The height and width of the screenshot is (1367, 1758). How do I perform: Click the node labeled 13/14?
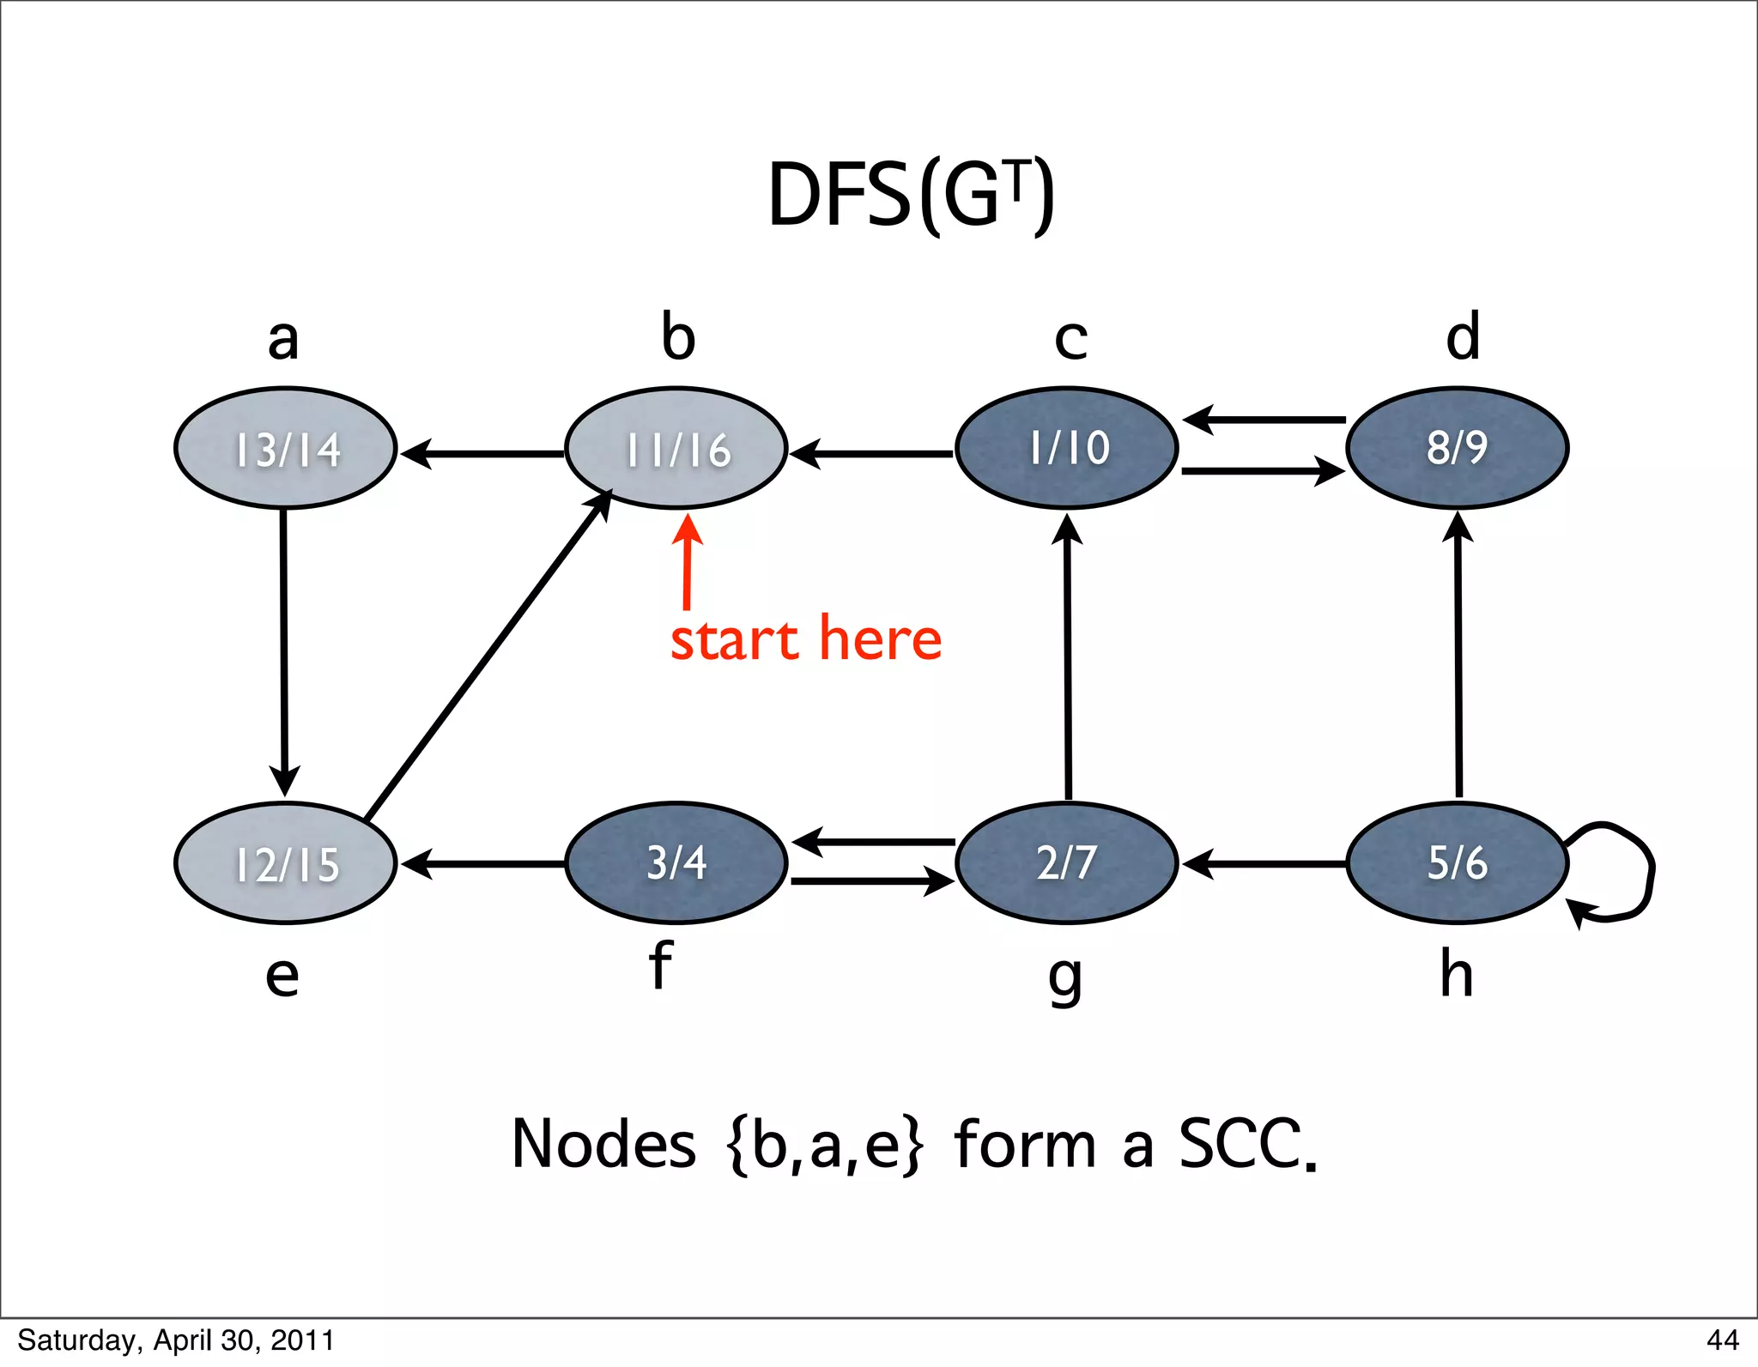coord(286,448)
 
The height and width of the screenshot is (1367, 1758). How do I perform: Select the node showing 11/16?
coord(676,448)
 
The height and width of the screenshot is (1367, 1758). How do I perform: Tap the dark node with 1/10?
coord(1067,448)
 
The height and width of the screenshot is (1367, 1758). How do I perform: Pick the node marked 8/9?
coord(1458,448)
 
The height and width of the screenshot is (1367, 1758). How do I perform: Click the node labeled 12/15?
coord(286,863)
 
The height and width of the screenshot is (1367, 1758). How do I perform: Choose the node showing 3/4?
coord(676,863)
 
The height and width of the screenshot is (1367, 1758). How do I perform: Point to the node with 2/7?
coord(1067,863)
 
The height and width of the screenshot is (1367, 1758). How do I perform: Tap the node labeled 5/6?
coord(1458,863)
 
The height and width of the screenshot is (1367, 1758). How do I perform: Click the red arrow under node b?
coord(687,562)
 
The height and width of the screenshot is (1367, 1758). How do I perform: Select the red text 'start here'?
coord(806,639)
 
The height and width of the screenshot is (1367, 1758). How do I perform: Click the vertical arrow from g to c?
coord(1068,656)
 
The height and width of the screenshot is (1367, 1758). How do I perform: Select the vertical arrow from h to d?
coord(1458,656)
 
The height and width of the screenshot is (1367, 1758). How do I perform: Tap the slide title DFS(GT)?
coord(910,196)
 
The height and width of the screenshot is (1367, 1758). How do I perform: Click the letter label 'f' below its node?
coord(659,965)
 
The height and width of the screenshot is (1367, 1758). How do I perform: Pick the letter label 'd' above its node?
coord(1463,336)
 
